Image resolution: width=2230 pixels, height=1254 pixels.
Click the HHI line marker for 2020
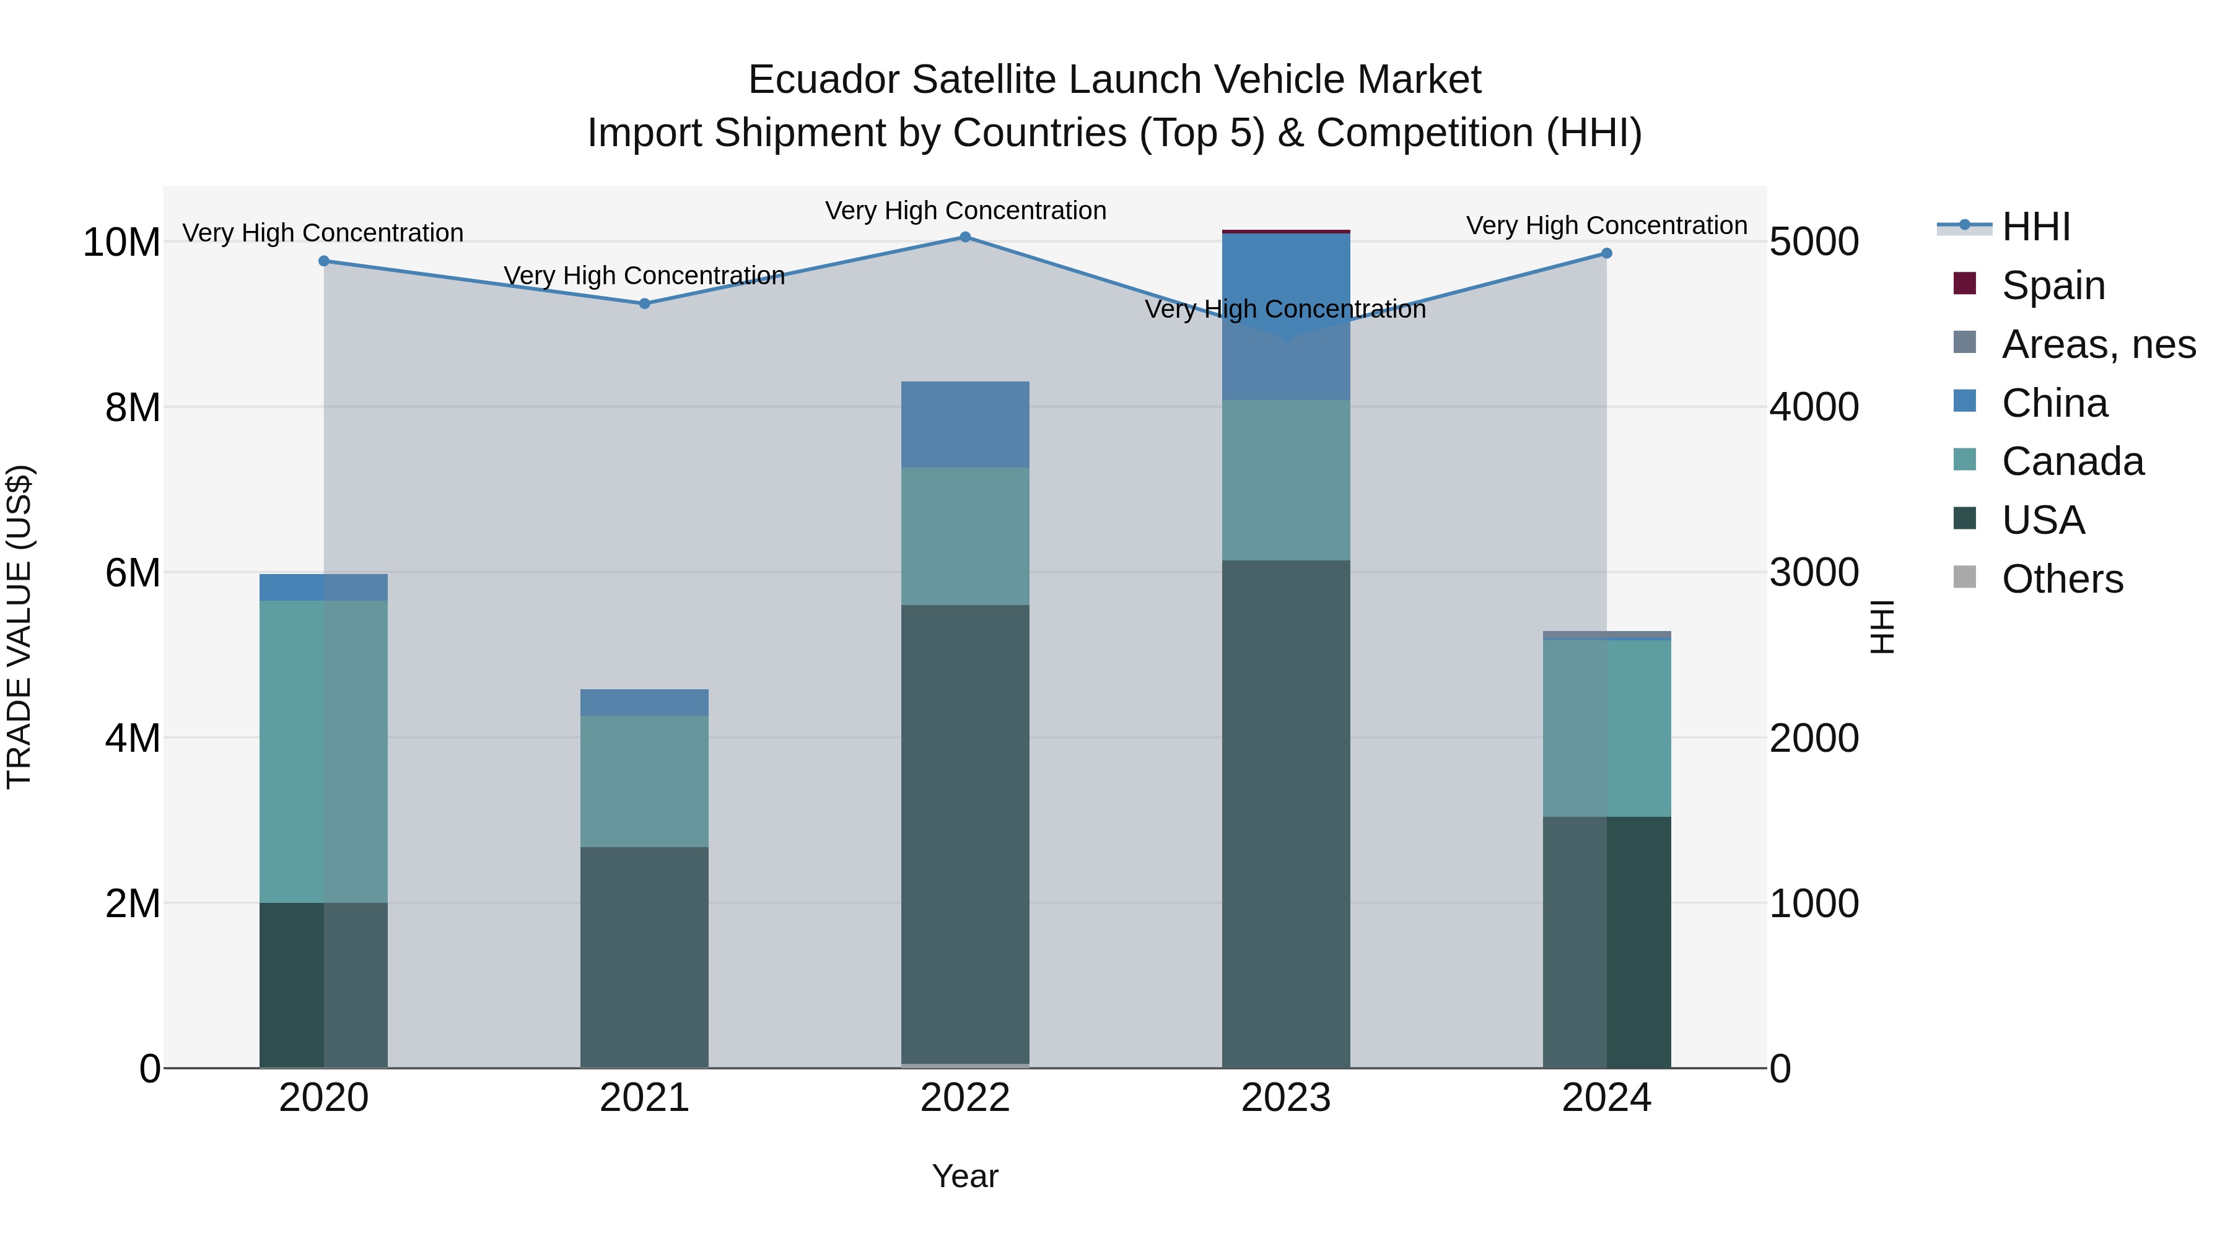(324, 261)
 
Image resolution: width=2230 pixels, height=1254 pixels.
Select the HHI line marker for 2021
(644, 304)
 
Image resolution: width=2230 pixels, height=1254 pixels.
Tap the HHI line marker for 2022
(965, 237)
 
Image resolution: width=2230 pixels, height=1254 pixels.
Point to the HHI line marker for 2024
(1607, 253)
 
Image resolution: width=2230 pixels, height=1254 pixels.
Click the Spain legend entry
(2053, 285)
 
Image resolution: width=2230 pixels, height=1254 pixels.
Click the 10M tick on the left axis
(121, 242)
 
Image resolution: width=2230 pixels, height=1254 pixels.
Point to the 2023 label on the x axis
(1285, 1098)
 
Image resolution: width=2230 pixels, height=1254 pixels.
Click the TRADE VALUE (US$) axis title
(20, 627)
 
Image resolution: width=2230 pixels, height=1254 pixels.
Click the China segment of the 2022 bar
(965, 425)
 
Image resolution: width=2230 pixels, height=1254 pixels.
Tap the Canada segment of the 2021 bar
(644, 781)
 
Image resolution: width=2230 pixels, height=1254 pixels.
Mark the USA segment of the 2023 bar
(1285, 814)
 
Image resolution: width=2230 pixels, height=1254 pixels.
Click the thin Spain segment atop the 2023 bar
(1285, 232)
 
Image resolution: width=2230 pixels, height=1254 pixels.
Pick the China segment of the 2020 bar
(324, 588)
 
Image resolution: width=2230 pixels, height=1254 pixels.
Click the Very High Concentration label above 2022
(965, 211)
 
